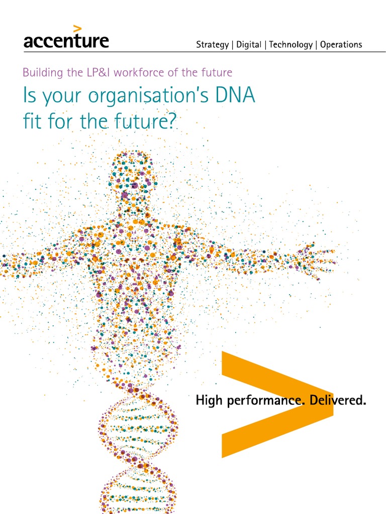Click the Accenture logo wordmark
tap(66, 41)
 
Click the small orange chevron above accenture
tap(77, 28)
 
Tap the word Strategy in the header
tap(212, 45)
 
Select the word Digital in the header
tap(249, 45)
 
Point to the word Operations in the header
tap(341, 45)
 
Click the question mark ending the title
tap(172, 121)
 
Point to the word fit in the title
tap(33, 121)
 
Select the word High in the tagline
tap(208, 401)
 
